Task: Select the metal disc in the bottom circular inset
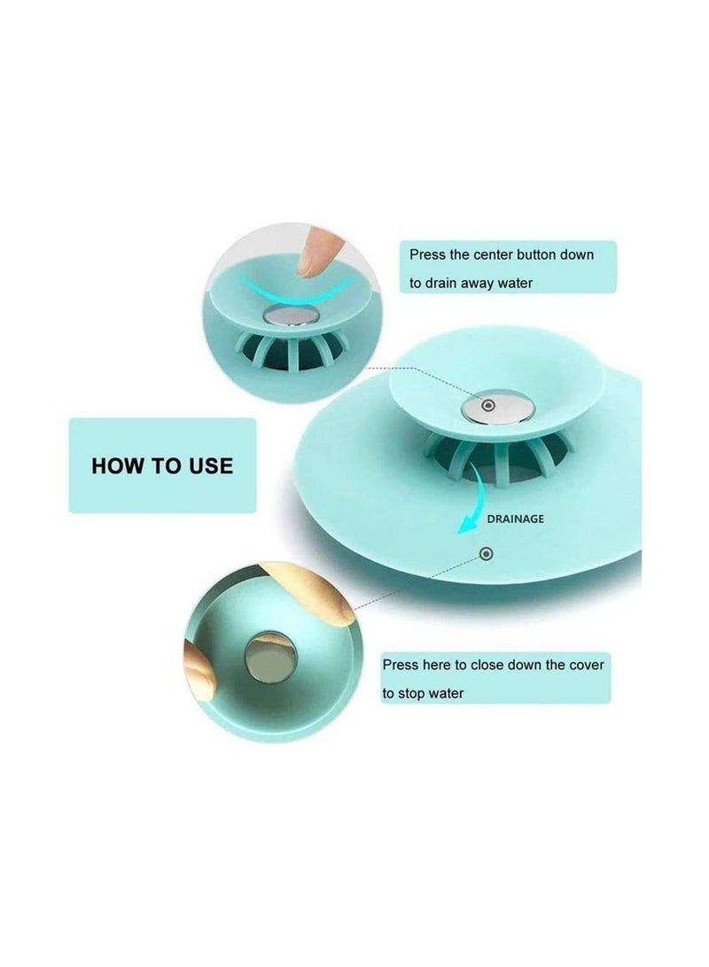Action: (x=269, y=658)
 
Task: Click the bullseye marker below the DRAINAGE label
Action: (x=486, y=554)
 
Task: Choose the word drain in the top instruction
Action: (x=442, y=284)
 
